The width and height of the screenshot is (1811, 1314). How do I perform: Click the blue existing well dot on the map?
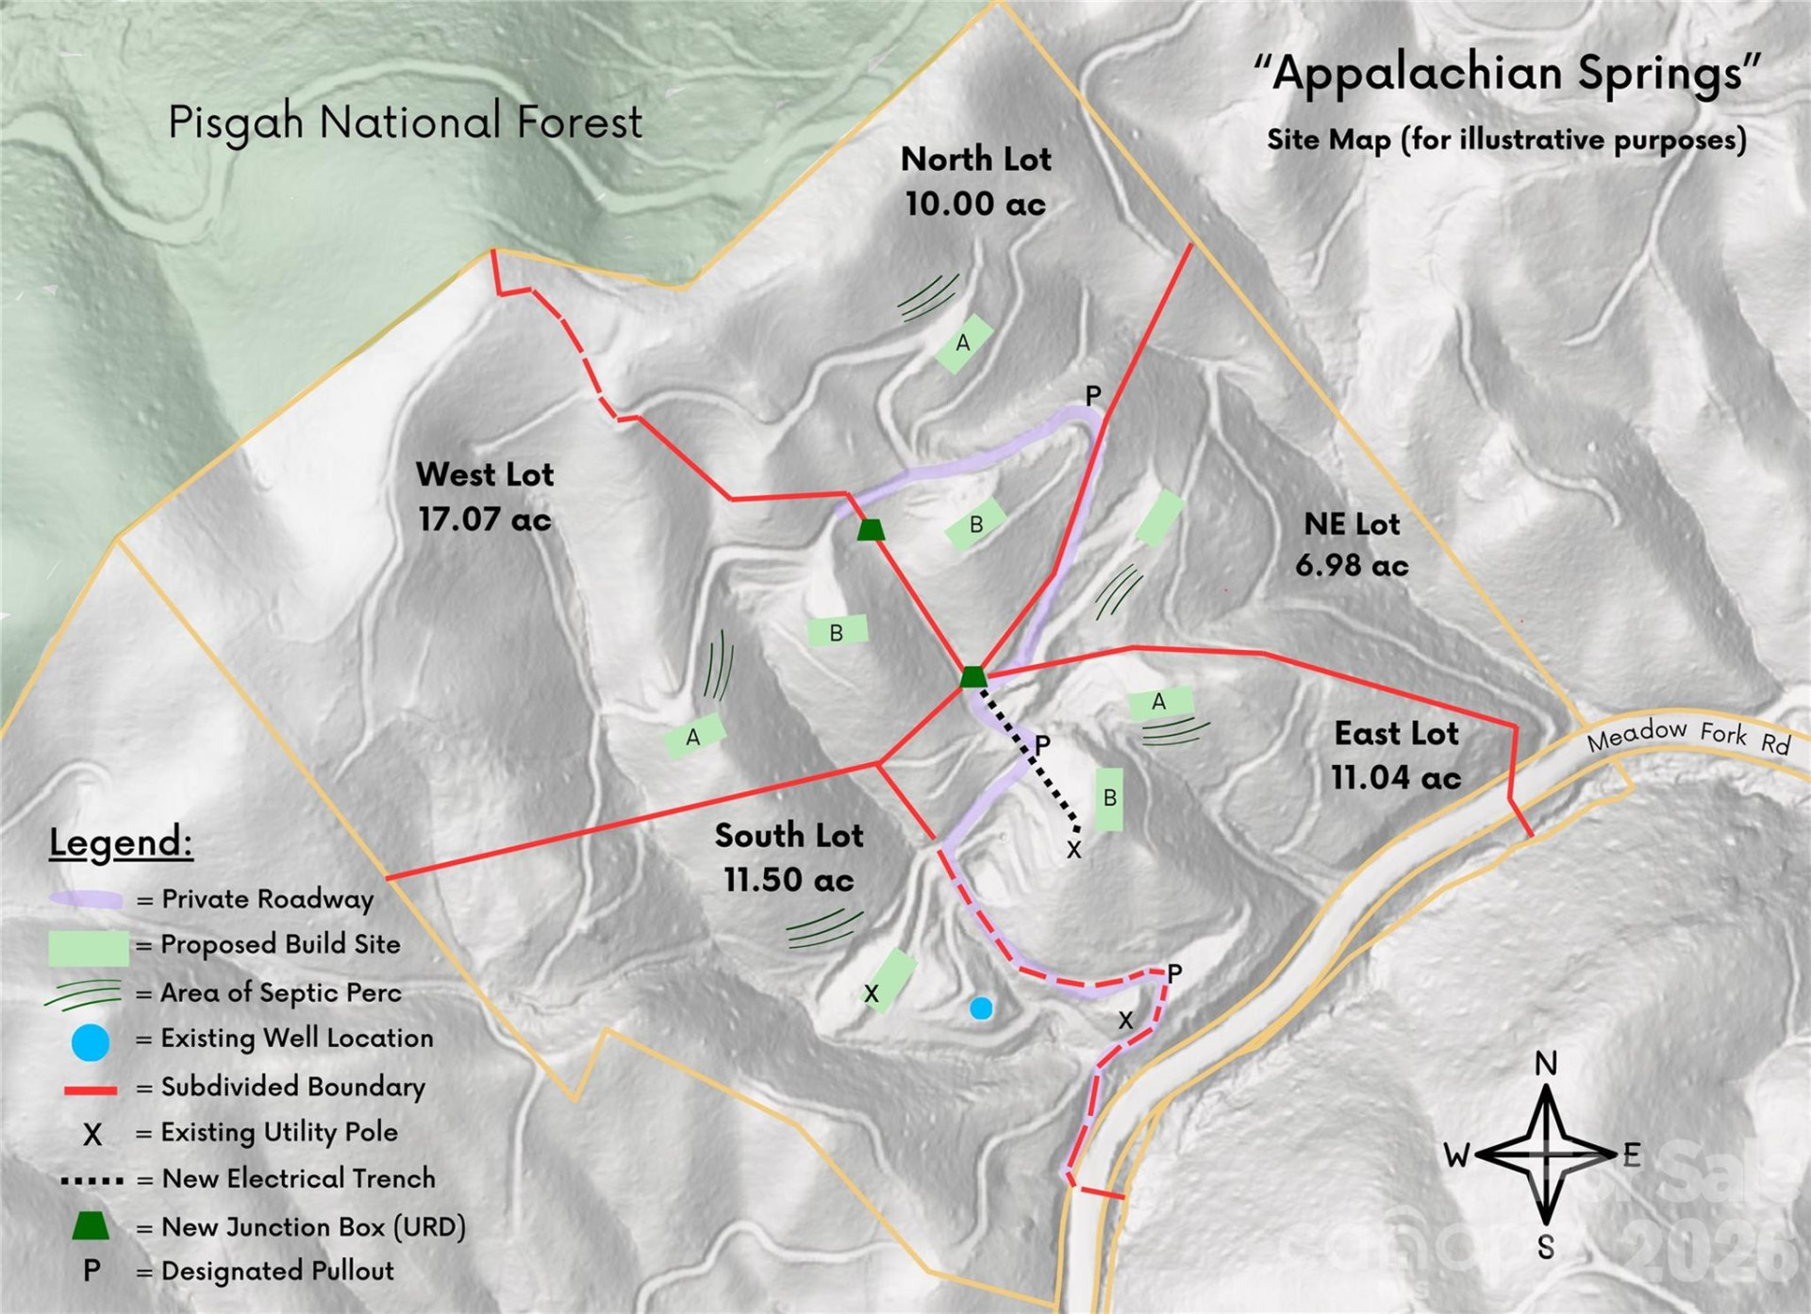981,1008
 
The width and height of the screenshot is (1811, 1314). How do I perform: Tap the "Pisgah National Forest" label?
405,123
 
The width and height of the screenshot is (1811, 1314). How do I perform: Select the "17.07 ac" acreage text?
485,519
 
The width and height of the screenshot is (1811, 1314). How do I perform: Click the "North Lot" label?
975,158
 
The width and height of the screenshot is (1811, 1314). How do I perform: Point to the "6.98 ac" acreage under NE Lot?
1352,565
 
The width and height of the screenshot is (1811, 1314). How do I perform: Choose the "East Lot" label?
1396,733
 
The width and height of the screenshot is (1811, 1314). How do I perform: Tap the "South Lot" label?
789,835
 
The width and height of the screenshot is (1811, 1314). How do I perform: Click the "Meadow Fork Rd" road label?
1687,736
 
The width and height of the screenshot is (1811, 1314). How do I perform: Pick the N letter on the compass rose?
1545,1064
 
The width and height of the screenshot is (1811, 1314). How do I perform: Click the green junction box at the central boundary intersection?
973,676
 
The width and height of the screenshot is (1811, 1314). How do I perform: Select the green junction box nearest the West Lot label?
871,529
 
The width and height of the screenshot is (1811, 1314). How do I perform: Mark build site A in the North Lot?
963,343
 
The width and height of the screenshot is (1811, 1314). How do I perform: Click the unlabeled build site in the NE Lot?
1159,518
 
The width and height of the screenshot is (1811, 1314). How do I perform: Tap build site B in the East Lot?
1109,798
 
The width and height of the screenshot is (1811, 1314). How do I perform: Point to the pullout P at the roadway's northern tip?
1092,396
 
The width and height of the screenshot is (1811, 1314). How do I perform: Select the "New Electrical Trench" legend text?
298,1178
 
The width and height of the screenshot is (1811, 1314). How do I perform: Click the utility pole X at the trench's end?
1073,850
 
